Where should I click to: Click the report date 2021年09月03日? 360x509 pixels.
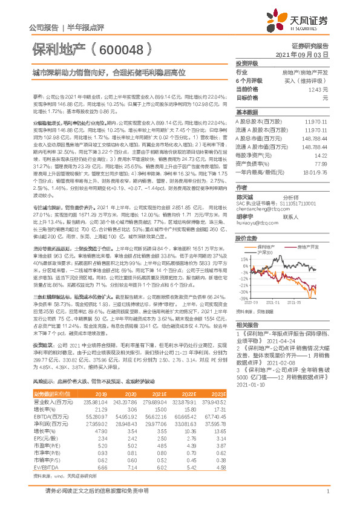click(x=307, y=54)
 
